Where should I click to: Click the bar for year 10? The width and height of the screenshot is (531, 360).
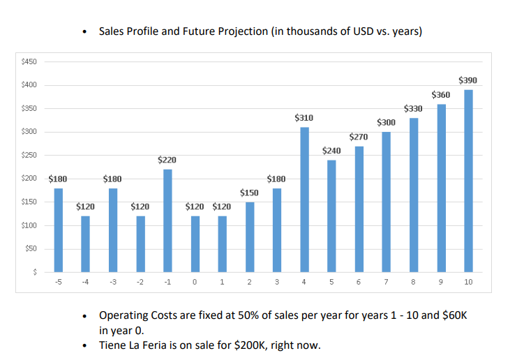click(x=468, y=181)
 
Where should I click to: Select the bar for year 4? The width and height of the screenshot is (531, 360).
click(x=304, y=200)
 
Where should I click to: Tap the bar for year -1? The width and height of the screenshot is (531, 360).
click(x=167, y=220)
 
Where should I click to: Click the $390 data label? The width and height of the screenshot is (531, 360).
click(x=468, y=81)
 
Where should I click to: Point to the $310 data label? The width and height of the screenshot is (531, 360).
click(x=304, y=119)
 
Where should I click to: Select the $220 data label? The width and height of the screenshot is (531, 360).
click(x=167, y=160)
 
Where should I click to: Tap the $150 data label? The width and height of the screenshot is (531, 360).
click(x=249, y=193)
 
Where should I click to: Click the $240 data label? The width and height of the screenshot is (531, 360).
click(x=331, y=151)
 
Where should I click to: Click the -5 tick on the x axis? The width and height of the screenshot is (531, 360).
click(x=59, y=283)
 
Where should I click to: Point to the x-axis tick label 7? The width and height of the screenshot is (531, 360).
click(x=386, y=283)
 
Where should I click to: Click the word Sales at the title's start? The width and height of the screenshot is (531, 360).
click(x=113, y=31)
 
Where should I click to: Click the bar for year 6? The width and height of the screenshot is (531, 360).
click(x=359, y=209)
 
